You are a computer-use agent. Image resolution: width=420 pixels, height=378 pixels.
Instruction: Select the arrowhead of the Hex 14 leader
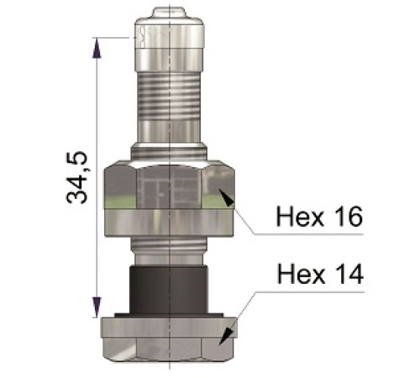[x=223, y=338]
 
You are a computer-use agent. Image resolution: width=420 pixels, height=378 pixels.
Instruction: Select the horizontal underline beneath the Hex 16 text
[x=311, y=233]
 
